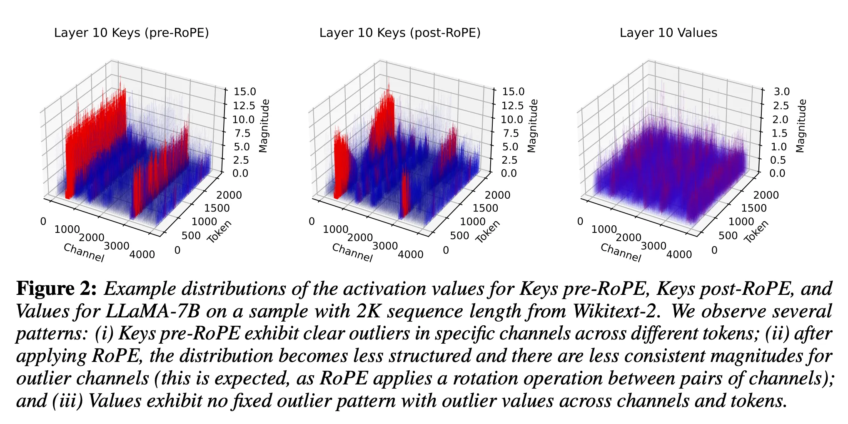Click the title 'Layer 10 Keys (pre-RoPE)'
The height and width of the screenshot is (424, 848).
click(x=131, y=33)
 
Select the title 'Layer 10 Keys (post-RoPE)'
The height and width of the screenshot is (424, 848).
click(x=400, y=33)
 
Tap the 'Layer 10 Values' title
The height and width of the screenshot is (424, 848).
click(x=668, y=33)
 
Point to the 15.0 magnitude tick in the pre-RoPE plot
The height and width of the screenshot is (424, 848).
click(x=245, y=92)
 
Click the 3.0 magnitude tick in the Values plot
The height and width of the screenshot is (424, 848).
click(x=782, y=92)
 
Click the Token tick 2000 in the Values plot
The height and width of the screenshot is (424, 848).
click(x=766, y=195)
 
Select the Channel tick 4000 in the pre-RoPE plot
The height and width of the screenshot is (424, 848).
click(x=142, y=254)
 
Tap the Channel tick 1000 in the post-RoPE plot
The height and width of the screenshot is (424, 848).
click(x=335, y=229)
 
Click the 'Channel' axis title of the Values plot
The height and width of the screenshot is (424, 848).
click(x=621, y=252)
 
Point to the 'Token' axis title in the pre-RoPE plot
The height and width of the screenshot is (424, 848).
click(x=219, y=232)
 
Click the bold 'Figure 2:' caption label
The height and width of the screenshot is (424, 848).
click(x=56, y=289)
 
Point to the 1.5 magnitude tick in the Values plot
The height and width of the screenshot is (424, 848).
click(x=782, y=133)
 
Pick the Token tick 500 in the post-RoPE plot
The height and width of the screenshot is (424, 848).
click(x=459, y=236)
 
